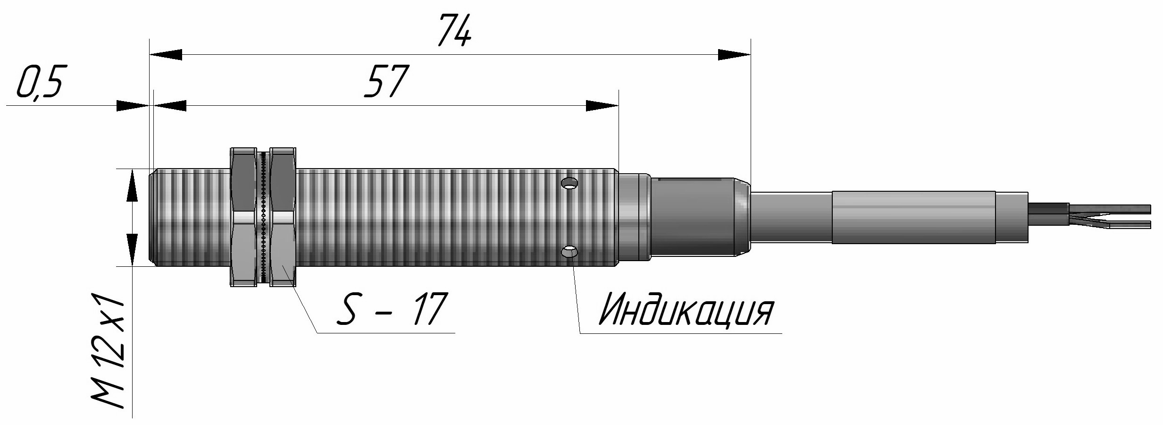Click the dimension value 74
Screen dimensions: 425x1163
click(454, 31)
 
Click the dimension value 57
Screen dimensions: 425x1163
click(385, 81)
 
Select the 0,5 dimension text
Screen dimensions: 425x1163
click(40, 81)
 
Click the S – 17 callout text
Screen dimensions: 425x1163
click(390, 309)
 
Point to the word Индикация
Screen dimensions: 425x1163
click(685, 310)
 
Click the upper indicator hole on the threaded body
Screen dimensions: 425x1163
click(570, 182)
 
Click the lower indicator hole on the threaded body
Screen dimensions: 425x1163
click(570, 252)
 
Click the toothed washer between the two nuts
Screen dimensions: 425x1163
click(263, 217)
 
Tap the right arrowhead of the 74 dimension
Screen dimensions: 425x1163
click(734, 54)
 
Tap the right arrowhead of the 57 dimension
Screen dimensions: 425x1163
click(602, 106)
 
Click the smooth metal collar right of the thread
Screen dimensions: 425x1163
click(634, 217)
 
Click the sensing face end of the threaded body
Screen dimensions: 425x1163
click(153, 217)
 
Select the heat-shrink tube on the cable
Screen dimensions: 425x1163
click(913, 217)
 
